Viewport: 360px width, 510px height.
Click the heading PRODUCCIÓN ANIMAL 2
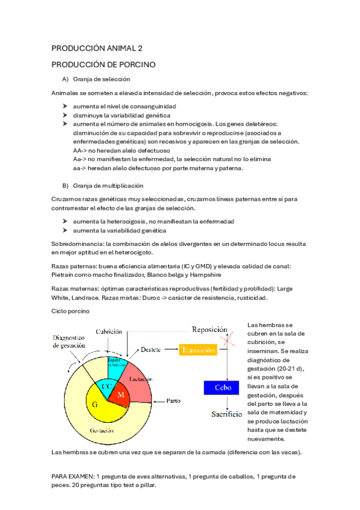97,48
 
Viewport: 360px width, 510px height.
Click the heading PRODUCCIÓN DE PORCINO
103,64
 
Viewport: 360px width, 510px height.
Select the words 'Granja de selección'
102,79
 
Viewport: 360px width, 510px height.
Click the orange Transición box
198,350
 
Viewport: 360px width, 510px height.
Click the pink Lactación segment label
140,379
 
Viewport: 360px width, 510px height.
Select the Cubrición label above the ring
109,332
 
